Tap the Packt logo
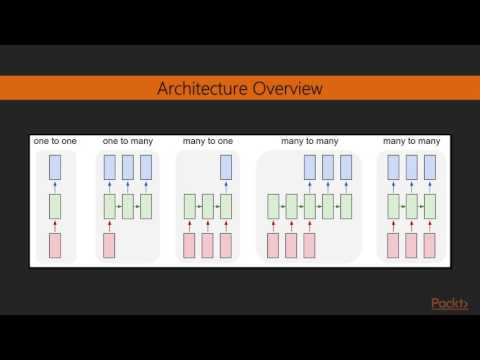pos(449,304)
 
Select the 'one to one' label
pos(54,142)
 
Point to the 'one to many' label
pos(127,142)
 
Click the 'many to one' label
pos(207,142)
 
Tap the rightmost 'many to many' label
pos(409,142)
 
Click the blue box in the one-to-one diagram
pos(55,167)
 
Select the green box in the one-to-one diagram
pos(55,206)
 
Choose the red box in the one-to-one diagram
pos(55,244)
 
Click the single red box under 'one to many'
pos(109,244)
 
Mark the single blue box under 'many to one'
pos(226,167)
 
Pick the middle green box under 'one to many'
pos(128,206)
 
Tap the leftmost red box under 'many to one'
pos(188,244)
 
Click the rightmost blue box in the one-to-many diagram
pos(146,167)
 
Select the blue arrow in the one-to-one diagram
pos(55,186)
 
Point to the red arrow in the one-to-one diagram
pos(55,225)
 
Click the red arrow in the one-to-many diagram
pos(109,225)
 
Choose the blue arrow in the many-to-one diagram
pos(226,186)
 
